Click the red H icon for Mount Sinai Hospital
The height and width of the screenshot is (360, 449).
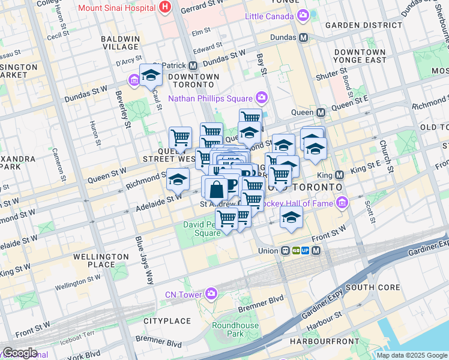[x=166, y=8]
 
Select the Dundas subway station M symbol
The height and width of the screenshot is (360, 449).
[x=304, y=37]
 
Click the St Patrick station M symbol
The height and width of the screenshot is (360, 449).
[x=193, y=65]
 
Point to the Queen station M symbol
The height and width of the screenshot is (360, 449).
[x=321, y=112]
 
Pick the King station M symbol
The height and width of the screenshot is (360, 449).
[x=339, y=175]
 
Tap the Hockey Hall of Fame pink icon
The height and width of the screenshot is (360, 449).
[x=342, y=203]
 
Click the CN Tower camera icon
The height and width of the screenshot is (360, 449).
[x=211, y=293]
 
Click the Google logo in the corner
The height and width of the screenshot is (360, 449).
[x=19, y=353]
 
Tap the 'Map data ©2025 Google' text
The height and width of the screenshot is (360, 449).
[x=411, y=355]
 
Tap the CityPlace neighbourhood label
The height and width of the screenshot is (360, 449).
[x=167, y=321]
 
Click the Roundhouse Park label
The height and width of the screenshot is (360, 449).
[x=235, y=329]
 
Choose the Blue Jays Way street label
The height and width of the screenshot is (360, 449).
[x=144, y=260]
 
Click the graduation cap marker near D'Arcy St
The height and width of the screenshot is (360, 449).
[x=151, y=76]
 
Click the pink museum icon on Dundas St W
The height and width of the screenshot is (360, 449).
[x=133, y=80]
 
